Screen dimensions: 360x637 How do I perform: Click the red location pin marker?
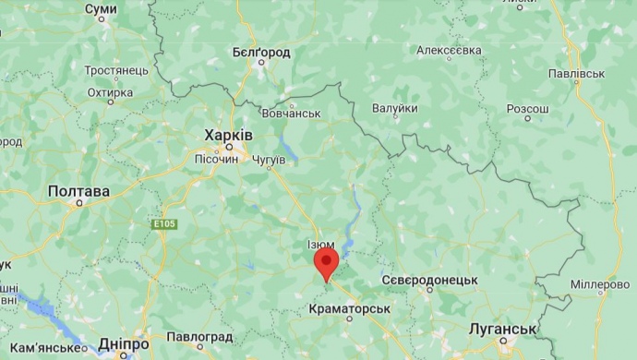[x=326, y=263]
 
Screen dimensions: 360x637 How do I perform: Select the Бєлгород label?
[x=260, y=53]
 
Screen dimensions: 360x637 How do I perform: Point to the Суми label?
[x=101, y=9]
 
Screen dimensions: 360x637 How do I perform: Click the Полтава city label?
[x=78, y=192]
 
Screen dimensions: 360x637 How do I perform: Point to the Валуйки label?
[x=394, y=108]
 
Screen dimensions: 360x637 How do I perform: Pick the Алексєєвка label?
[x=450, y=49]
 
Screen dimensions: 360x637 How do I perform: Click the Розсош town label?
[x=527, y=108]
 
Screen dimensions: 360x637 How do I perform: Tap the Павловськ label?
[x=577, y=72]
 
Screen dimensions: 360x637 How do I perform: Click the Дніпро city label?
[x=123, y=343]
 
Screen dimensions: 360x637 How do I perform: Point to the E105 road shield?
[x=165, y=224]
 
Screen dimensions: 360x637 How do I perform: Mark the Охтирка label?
[x=111, y=92]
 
